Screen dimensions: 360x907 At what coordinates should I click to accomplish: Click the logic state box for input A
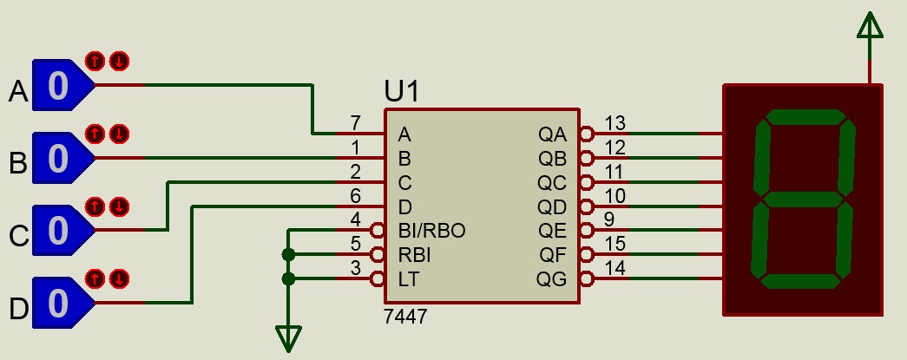click(x=58, y=86)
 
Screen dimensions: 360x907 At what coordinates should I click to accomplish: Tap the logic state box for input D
click(x=58, y=303)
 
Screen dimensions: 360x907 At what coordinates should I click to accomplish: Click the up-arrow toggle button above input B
click(x=94, y=134)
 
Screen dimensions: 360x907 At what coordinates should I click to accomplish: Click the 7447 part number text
click(x=404, y=317)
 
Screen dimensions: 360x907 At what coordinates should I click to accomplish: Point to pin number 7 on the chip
click(x=355, y=122)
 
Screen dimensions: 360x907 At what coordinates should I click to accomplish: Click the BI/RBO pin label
click(x=431, y=231)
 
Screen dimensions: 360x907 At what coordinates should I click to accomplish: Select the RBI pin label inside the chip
click(x=414, y=255)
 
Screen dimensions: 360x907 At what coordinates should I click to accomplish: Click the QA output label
click(x=552, y=134)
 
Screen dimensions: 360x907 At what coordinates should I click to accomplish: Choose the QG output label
click(x=552, y=279)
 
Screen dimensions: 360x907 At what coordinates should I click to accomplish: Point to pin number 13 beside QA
click(x=615, y=122)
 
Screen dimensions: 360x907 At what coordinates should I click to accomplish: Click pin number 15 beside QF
click(x=615, y=244)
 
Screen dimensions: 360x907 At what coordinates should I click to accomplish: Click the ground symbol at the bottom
click(x=288, y=337)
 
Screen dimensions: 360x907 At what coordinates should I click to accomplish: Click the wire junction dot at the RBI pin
click(x=288, y=255)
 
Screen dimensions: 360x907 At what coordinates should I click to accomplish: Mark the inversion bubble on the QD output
click(x=587, y=206)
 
